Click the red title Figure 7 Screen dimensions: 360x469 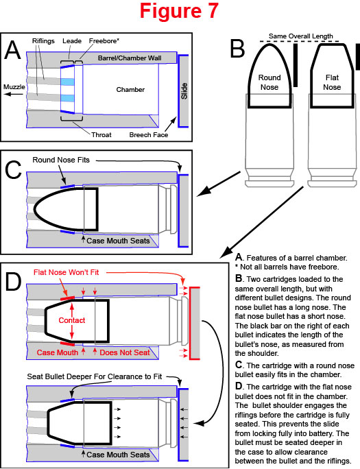179,12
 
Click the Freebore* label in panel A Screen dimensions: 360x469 104,40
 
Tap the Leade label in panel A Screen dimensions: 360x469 72,40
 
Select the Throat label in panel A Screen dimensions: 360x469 101,135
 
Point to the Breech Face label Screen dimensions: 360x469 149,135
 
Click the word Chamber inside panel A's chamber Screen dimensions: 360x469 130,89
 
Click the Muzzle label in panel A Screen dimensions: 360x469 14,87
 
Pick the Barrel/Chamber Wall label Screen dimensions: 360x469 130,58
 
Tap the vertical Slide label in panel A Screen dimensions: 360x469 184,91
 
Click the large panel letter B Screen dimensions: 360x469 238,49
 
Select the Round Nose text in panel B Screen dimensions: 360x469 269,82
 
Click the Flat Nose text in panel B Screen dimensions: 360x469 332,82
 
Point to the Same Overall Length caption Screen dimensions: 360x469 300,36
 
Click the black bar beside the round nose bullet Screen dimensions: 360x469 296,66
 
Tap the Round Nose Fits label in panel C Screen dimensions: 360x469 61,160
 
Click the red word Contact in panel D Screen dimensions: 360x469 72,320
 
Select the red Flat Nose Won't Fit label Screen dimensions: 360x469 66,272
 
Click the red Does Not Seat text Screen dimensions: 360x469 124,352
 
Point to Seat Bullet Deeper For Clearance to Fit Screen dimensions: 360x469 95,376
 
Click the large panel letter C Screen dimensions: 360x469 13,170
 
